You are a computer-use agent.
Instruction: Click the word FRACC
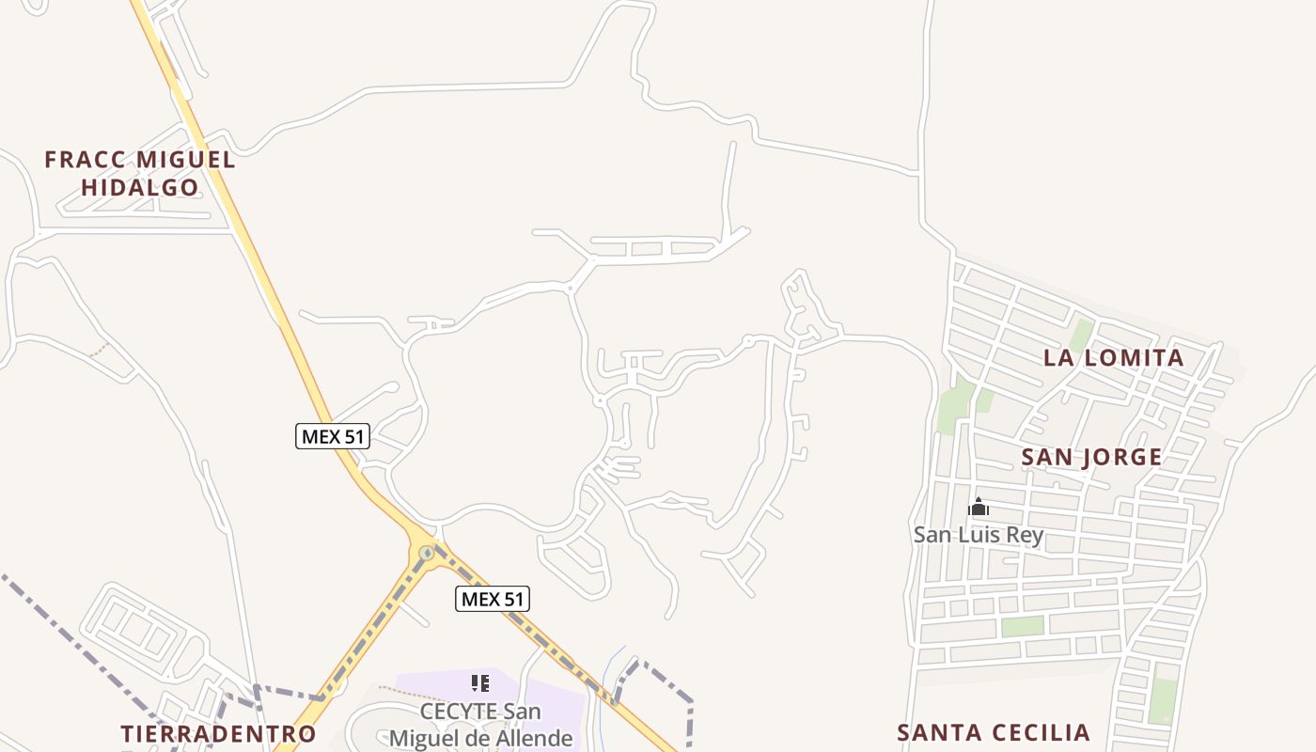[77, 160]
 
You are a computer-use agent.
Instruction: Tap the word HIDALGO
[140, 188]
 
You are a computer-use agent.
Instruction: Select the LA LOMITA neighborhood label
[1114, 358]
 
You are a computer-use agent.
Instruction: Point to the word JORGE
[1120, 458]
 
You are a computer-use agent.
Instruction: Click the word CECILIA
[1042, 733]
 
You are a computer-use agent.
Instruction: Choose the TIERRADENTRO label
[219, 734]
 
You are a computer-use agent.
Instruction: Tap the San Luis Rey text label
[979, 536]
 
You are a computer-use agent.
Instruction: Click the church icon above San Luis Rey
[979, 508]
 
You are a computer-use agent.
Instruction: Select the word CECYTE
[458, 712]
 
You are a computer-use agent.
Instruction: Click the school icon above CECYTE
[480, 683]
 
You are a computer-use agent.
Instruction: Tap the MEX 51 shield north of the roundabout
[333, 436]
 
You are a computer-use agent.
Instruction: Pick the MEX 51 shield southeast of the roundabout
[493, 599]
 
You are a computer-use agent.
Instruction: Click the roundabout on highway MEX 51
[427, 553]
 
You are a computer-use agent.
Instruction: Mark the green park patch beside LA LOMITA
[1082, 335]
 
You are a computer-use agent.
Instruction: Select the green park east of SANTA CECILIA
[1164, 700]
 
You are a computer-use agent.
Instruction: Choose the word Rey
[1025, 536]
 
